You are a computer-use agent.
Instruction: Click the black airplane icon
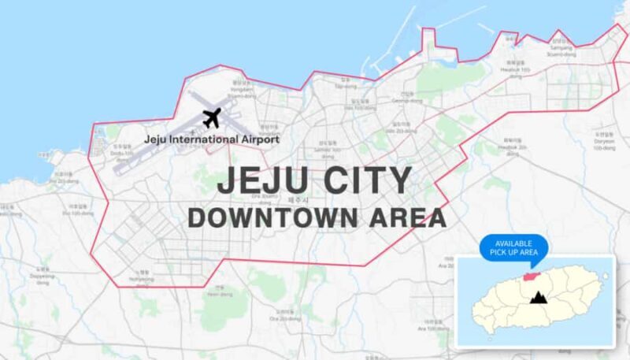[210, 119]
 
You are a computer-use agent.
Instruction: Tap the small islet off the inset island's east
[605, 276]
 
